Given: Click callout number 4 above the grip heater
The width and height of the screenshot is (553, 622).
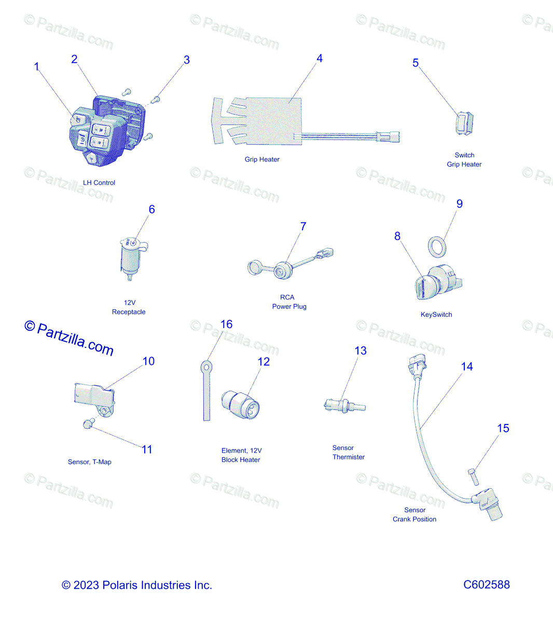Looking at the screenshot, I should tap(320, 59).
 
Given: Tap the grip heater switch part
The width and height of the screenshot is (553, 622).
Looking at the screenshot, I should tap(465, 124).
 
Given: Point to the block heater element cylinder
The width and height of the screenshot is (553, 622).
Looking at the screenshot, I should tap(241, 405).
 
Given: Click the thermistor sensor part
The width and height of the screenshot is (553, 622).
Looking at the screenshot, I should tap(344, 406).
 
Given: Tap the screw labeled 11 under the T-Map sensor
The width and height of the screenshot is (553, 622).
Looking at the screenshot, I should tap(88, 424).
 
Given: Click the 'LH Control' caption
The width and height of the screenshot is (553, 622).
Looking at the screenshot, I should tap(99, 182).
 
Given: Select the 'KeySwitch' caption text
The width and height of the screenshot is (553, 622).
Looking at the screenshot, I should tap(436, 315).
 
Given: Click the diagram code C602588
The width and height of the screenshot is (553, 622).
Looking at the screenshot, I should tap(486, 585).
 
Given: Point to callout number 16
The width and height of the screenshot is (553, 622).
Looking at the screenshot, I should tap(226, 324).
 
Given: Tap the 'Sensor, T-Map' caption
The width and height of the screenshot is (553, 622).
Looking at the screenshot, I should tap(90, 462).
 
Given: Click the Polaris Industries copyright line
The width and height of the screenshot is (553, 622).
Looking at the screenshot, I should tap(137, 585).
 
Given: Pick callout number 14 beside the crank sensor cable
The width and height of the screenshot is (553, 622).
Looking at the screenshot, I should tap(467, 367).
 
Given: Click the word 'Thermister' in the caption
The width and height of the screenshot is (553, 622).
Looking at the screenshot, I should tap(349, 457).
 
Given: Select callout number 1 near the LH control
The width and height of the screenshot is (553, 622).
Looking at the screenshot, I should tap(37, 67).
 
